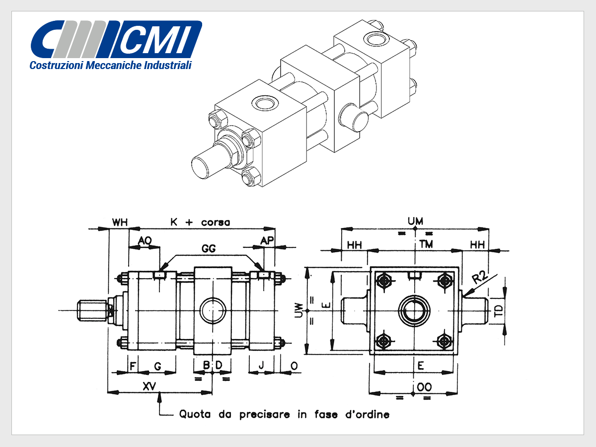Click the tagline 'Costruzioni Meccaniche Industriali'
point(110,65)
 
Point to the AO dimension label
point(145,240)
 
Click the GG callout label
point(209,248)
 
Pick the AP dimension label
point(267,240)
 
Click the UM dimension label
point(415,222)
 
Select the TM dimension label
point(426,244)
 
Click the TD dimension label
point(499,311)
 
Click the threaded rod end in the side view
point(92,310)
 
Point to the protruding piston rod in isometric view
point(209,164)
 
